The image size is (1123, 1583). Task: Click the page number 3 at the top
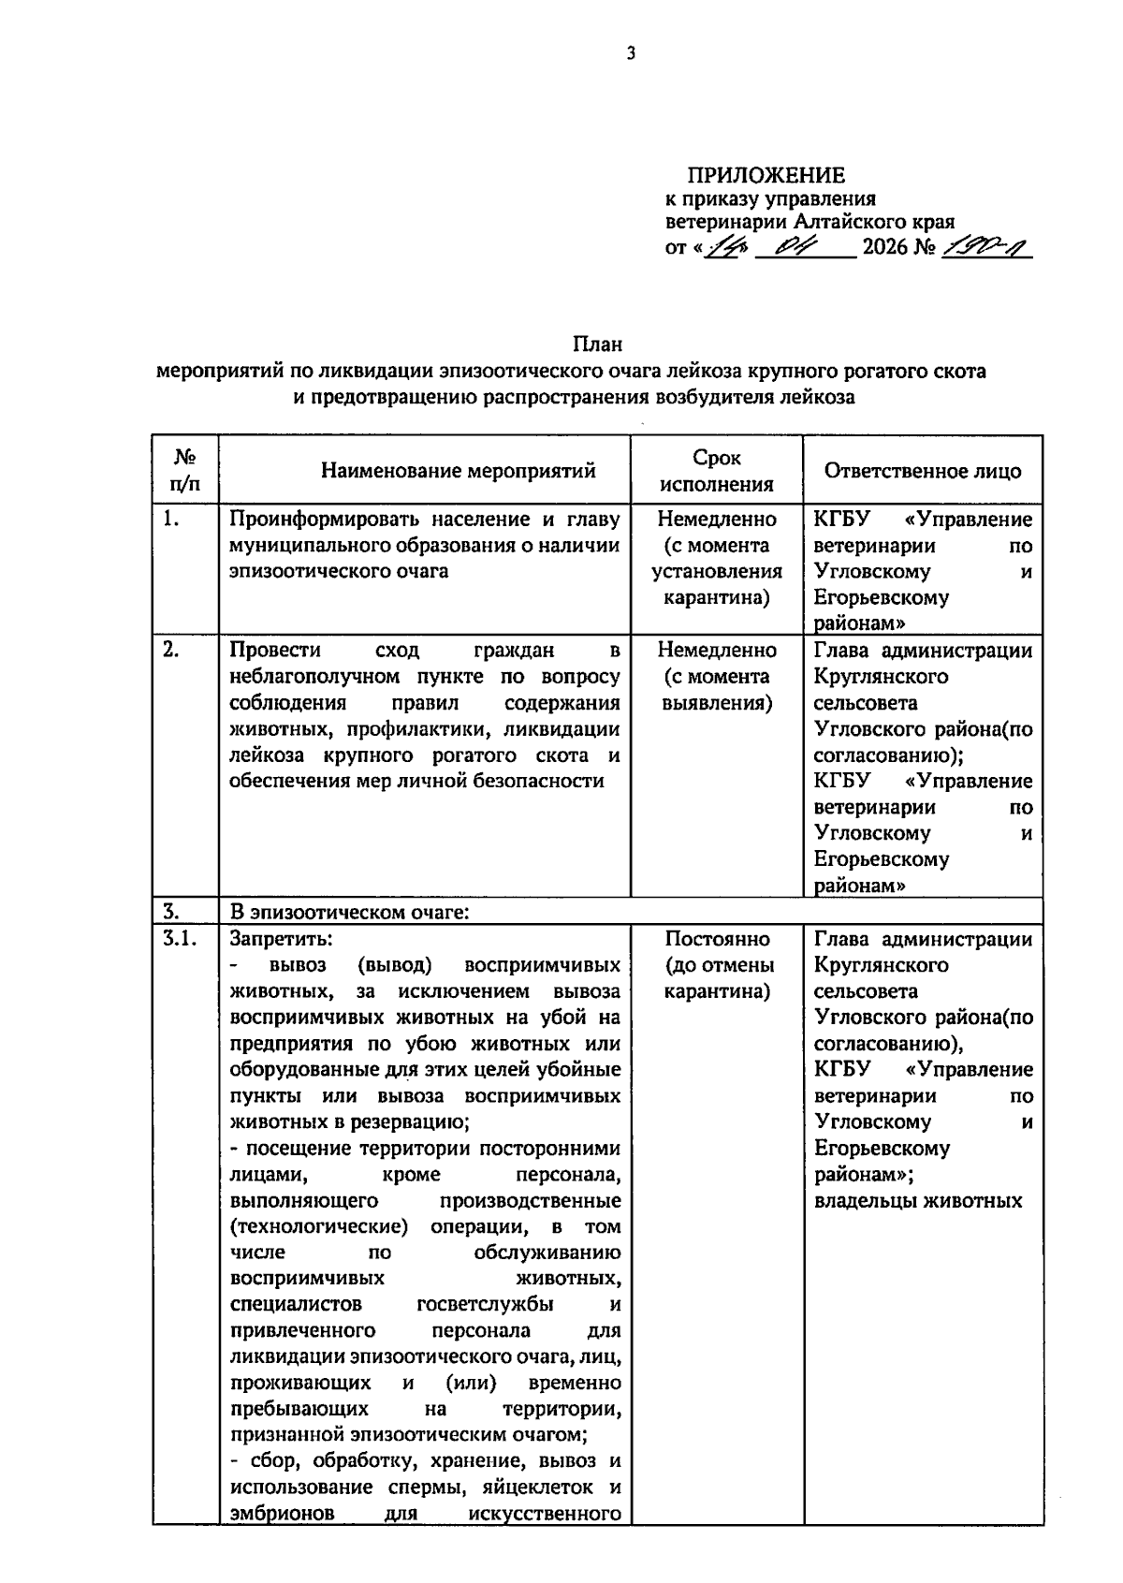coord(631,54)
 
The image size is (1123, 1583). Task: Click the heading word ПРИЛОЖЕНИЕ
coord(766,175)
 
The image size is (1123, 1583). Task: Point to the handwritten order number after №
coord(986,248)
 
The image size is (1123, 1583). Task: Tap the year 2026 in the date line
coord(885,248)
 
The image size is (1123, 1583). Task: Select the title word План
coord(598,344)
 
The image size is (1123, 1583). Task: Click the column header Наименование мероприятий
coord(459,470)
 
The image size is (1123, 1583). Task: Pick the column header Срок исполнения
coord(717,471)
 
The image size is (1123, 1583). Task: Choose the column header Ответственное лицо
coord(923,470)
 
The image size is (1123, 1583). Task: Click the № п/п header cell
coord(184,471)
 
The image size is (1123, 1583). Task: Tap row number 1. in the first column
coord(170,520)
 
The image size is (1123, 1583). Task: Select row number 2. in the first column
coord(170,651)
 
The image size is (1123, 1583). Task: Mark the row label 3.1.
coord(178,939)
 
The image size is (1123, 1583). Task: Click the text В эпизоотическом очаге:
coord(349,912)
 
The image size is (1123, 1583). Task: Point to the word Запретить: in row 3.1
coord(281,939)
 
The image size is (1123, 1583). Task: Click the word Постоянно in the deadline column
coord(718,939)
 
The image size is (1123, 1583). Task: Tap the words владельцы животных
coord(919,1200)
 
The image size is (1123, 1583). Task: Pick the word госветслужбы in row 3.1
coord(485,1304)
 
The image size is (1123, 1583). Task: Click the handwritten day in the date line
coord(722,248)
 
